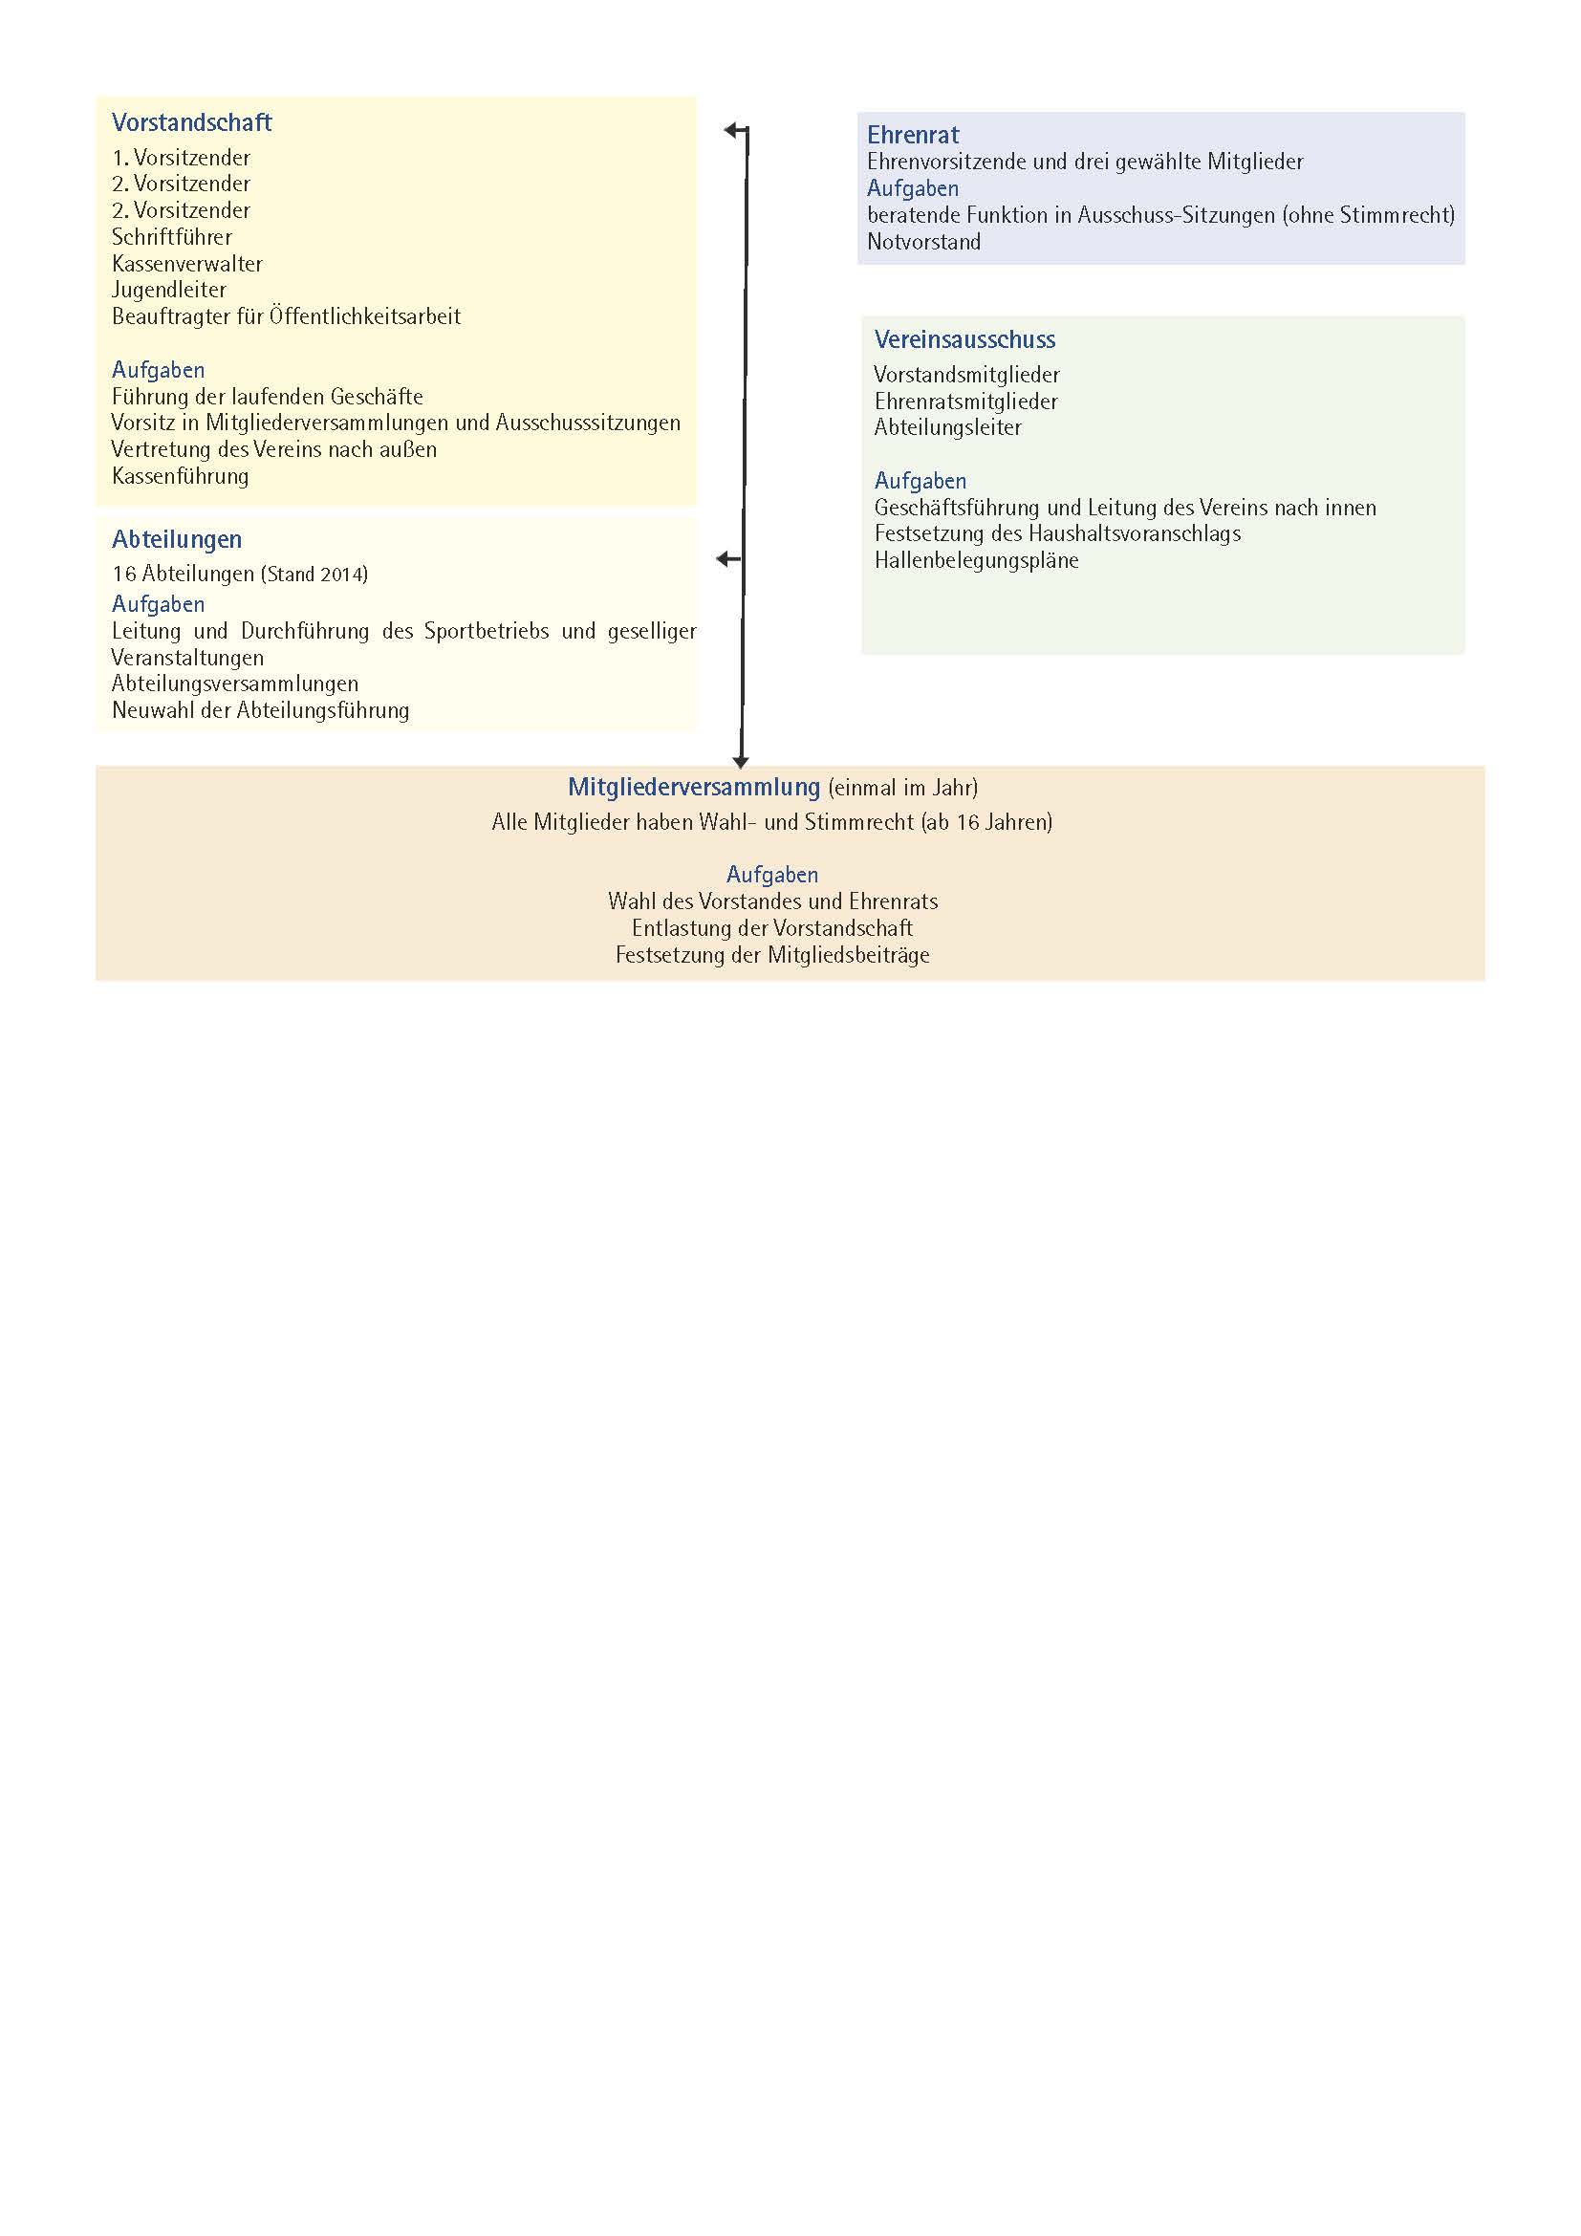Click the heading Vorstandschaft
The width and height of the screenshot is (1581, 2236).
[192, 122]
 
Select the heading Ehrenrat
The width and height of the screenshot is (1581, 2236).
[912, 136]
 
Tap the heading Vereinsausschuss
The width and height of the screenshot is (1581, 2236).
[964, 340]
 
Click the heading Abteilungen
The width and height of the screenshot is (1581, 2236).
[176, 539]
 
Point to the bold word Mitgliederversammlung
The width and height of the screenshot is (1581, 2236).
[693, 787]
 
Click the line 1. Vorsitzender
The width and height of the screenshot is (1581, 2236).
[181, 158]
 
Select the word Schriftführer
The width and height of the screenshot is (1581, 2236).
[171, 237]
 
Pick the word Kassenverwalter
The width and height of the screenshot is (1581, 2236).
[187, 264]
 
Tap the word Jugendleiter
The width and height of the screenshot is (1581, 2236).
[168, 291]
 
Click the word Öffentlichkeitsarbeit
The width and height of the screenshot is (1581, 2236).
[365, 316]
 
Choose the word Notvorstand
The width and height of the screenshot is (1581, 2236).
[923, 243]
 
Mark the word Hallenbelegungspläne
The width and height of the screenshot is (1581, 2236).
[976, 561]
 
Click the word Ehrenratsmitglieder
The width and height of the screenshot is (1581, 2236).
[964, 402]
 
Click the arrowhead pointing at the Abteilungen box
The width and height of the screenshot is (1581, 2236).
[723, 559]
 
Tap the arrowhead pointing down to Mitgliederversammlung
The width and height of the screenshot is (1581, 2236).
[741, 762]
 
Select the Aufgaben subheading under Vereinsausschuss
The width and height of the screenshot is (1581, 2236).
[920, 481]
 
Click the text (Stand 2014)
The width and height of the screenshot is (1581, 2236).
[314, 575]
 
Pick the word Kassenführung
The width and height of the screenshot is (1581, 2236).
[180, 476]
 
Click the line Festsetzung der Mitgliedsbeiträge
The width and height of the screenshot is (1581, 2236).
[772, 955]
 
